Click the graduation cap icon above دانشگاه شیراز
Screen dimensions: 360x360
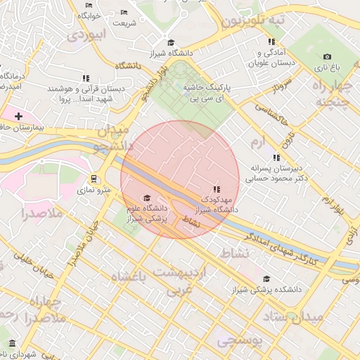(x=169, y=42)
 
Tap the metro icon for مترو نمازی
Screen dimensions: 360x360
(x=94, y=179)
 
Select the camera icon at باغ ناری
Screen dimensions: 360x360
(x=327, y=56)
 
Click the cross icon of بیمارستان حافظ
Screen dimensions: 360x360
(x=18, y=115)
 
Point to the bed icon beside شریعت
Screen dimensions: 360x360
(x=124, y=12)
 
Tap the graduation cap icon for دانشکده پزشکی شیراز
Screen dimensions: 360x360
(x=265, y=278)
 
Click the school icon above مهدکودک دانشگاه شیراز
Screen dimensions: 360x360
(x=217, y=189)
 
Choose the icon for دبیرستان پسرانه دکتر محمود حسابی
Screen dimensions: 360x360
(x=276, y=157)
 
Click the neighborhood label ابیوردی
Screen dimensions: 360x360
(x=90, y=33)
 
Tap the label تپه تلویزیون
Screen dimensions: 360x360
(x=255, y=20)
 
